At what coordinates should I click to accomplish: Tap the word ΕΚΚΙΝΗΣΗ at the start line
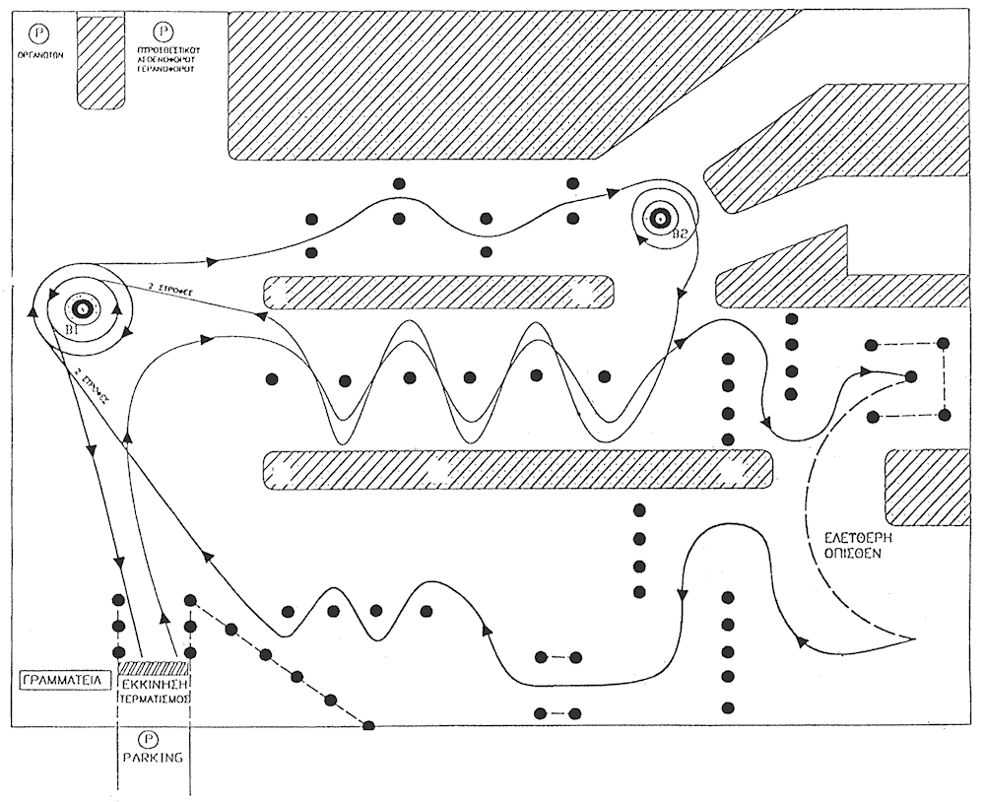click(x=155, y=681)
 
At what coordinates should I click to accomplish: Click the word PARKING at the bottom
click(x=154, y=759)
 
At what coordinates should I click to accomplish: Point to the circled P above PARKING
click(x=151, y=738)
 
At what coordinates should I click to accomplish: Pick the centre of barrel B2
click(x=657, y=219)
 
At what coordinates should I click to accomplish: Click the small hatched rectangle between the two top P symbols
click(x=100, y=61)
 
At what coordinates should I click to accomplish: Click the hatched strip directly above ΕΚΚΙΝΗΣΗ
click(x=154, y=666)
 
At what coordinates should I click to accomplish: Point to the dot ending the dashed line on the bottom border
click(x=368, y=726)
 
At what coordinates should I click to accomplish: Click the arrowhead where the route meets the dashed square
click(x=866, y=371)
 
